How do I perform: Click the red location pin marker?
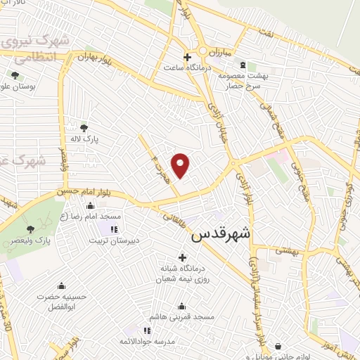click(181, 165)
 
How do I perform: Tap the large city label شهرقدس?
click(222, 233)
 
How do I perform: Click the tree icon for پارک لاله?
click(84, 128)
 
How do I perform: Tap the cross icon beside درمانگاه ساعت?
click(186, 57)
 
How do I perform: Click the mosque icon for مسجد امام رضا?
click(89, 206)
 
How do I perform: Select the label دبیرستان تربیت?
click(113, 240)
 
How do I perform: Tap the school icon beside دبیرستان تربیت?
click(114, 229)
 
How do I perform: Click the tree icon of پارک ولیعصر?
click(30, 229)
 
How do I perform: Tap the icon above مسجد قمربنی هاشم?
click(183, 307)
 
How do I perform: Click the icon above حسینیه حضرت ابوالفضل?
click(63, 285)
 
